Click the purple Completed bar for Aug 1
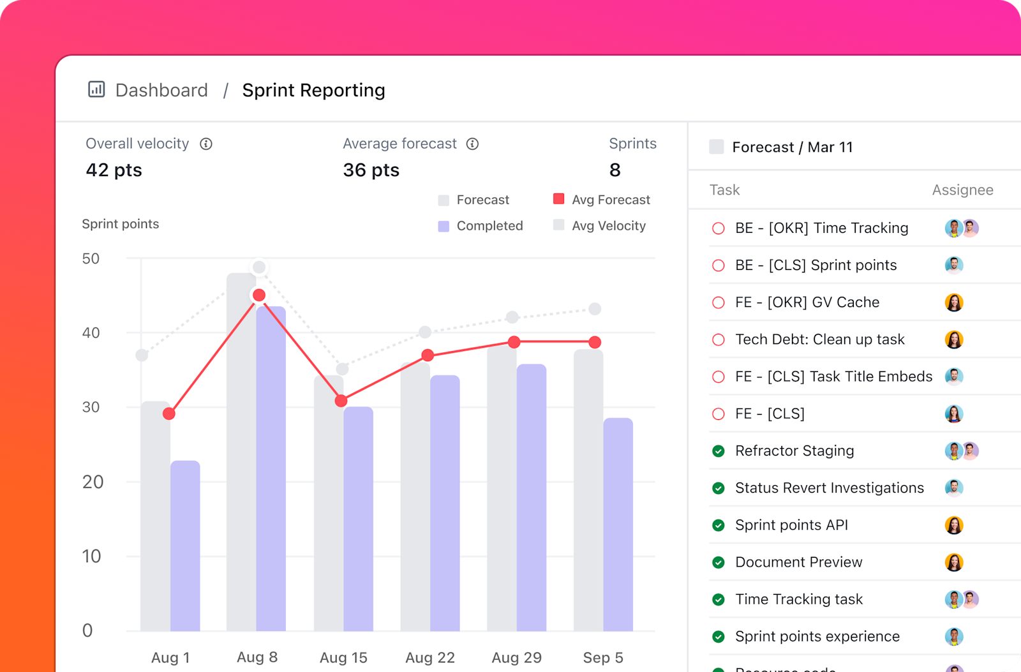185,546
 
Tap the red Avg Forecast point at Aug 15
341,401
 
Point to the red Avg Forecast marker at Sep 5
595,343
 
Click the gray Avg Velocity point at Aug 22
425,332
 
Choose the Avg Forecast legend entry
602,200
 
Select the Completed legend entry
481,226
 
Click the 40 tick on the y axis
91,332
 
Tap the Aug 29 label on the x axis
516,657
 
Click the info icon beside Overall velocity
206,144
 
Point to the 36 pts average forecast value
371,170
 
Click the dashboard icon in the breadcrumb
96,89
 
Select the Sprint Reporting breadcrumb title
313,90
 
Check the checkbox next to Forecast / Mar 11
717,147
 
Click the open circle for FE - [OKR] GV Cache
719,302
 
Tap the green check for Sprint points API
719,525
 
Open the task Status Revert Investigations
829,488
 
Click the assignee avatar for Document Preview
954,562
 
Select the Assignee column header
962,190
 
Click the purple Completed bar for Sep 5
618,523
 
